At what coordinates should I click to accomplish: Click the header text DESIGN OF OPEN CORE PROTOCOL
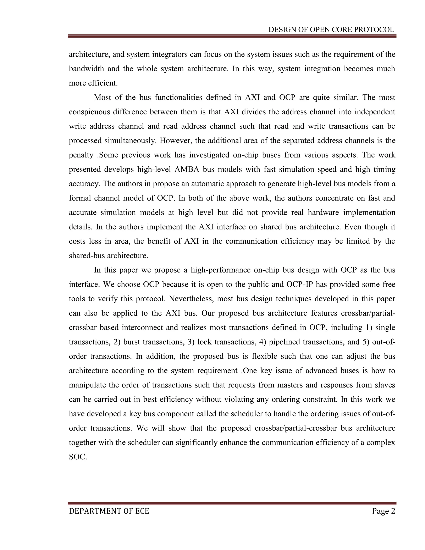click(331, 30)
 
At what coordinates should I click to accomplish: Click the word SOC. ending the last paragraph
click(78, 457)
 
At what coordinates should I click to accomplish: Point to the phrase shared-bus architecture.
click(109, 256)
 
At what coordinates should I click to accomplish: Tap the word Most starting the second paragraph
click(102, 98)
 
